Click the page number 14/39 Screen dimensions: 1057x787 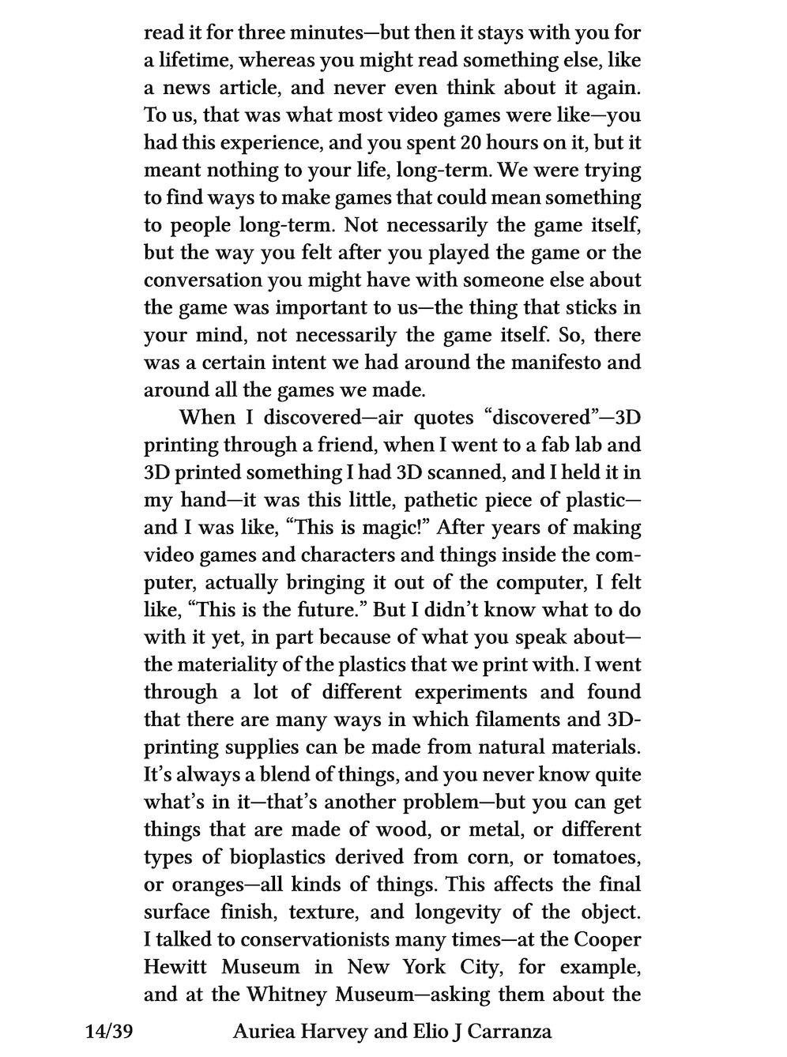click(109, 1031)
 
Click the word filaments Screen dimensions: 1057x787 click(470, 720)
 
